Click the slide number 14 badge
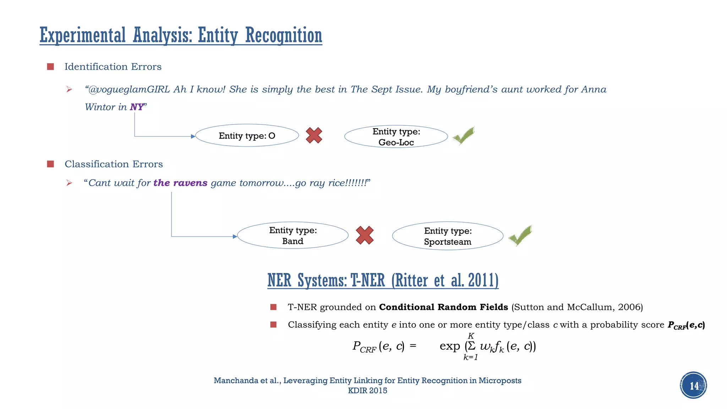[693, 385]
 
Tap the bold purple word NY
[137, 107]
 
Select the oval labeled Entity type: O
[247, 136]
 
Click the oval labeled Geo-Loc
[396, 137]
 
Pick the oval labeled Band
[293, 236]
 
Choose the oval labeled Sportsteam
[447, 236]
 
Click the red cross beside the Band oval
[365, 235]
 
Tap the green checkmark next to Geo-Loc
[463, 135]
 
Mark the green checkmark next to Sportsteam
[520, 235]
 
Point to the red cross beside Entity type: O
[314, 135]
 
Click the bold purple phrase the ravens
[180, 183]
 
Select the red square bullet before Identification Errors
[50, 67]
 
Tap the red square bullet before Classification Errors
[50, 164]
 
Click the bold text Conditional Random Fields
[443, 307]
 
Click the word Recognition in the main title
[283, 36]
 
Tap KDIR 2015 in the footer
[367, 391]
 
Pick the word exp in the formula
[449, 346]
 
